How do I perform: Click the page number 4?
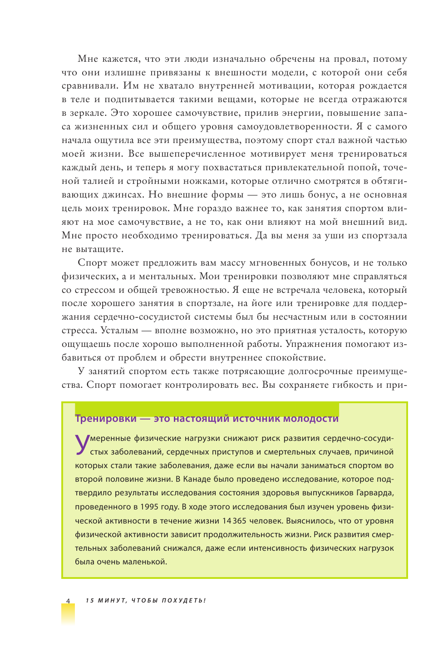point(68,601)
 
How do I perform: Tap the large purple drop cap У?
point(82,444)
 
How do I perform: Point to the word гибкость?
point(354,385)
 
